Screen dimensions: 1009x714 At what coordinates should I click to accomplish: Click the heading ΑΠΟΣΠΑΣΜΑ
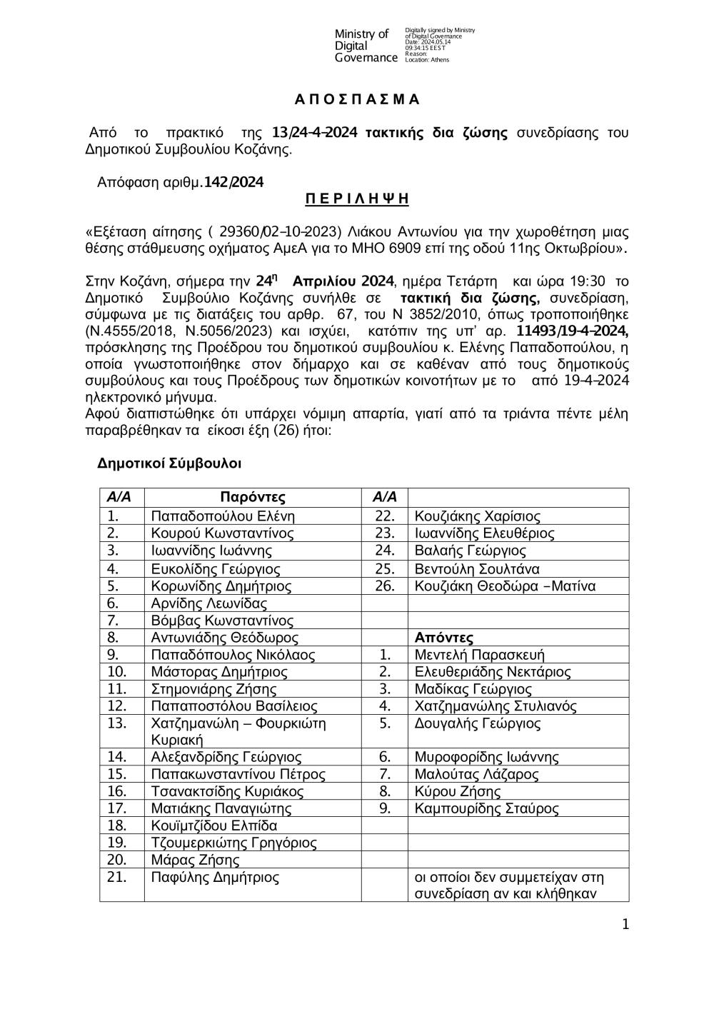pos(357,99)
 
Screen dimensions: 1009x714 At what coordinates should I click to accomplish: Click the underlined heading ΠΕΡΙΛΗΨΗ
pos(357,199)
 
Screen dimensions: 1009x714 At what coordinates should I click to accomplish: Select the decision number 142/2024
pos(233,182)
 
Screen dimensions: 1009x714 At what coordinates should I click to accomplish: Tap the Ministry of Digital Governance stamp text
pos(366,46)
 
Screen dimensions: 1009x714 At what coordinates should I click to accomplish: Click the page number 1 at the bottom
pos(625,925)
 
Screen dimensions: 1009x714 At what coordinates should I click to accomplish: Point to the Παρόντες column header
pos(253,497)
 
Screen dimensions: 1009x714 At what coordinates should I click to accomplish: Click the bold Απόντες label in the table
pos(444,638)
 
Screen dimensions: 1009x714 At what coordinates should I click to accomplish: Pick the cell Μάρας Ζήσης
pos(186,860)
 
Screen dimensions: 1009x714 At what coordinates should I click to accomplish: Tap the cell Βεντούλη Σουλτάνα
pos(477,569)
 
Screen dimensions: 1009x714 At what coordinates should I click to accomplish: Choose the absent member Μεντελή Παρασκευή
pos(480,655)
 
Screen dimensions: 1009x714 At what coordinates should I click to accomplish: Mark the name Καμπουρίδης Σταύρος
pos(487,808)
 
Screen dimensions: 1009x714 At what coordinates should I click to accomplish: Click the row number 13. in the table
pos(116,723)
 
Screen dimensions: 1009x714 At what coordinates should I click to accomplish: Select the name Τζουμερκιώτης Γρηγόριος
pos(234,843)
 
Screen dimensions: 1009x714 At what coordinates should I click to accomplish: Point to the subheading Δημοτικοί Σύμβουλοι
pos(169,464)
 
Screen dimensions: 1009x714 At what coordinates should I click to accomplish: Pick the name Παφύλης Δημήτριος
pos(215,877)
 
